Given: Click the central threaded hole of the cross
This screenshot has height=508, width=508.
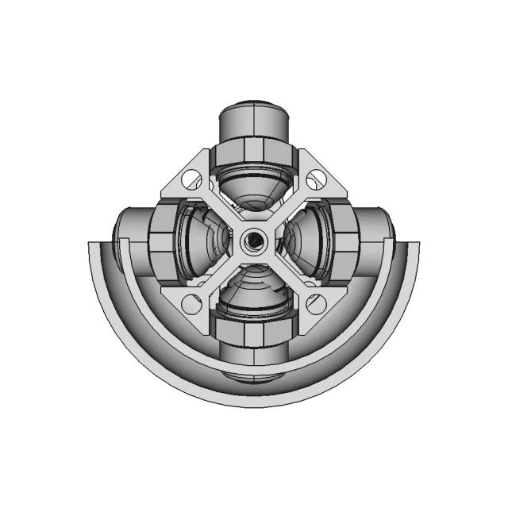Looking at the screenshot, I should coord(252,238).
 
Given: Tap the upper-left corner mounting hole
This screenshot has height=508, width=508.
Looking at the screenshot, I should coord(191,180).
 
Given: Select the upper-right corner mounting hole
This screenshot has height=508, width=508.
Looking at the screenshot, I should coord(316,179).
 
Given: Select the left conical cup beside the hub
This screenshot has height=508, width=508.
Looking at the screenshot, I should coord(198,238).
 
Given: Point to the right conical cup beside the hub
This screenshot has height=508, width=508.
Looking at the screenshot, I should coord(306,237).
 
